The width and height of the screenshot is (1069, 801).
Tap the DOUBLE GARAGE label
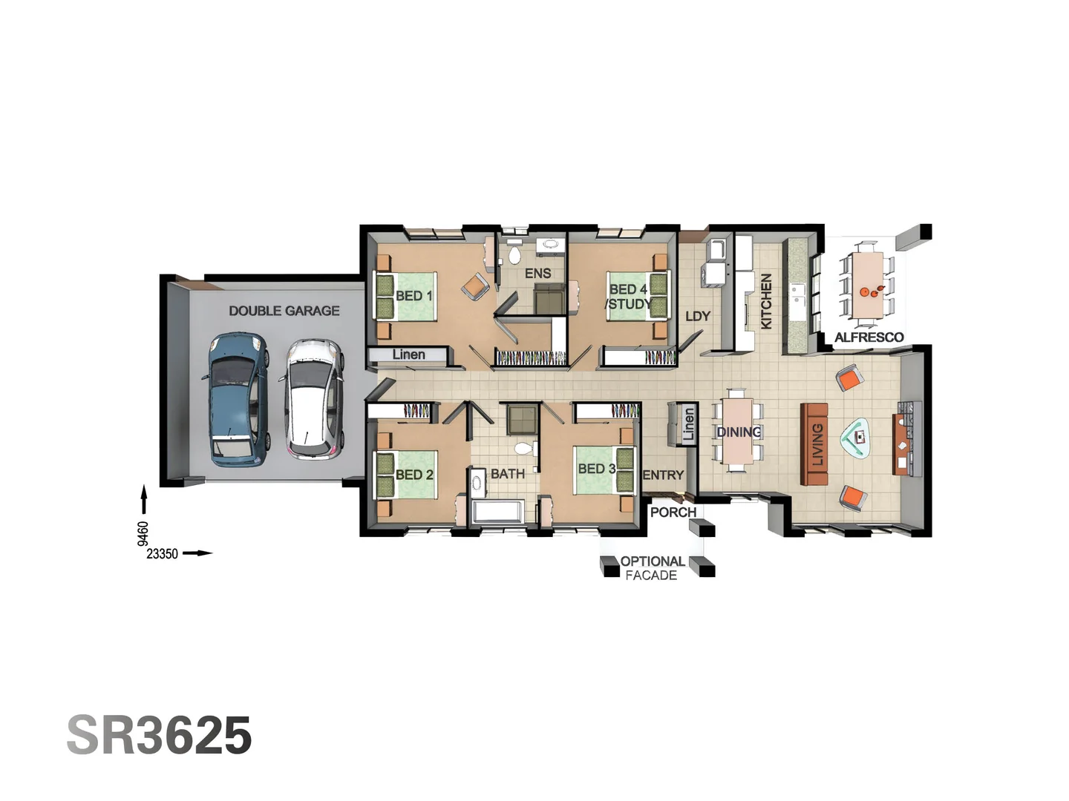point(284,311)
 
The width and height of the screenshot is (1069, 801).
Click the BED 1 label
point(413,296)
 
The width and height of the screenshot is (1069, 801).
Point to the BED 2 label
point(414,475)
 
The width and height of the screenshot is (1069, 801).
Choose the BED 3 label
point(596,469)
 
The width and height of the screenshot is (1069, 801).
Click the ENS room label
point(537,274)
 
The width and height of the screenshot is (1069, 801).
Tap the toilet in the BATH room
point(524,449)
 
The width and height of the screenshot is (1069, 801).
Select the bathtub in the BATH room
point(498,512)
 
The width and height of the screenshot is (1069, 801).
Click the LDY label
point(697,316)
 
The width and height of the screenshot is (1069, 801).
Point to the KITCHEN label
point(766,301)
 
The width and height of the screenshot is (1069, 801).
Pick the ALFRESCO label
point(869,337)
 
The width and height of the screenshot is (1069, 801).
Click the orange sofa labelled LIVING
point(814,444)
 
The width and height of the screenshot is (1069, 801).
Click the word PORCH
point(673,512)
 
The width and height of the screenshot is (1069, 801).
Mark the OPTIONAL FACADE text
point(652,568)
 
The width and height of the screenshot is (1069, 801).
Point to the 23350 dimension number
point(162,554)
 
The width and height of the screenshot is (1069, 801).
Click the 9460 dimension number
point(143,533)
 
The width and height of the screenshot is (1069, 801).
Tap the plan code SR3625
point(159,736)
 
